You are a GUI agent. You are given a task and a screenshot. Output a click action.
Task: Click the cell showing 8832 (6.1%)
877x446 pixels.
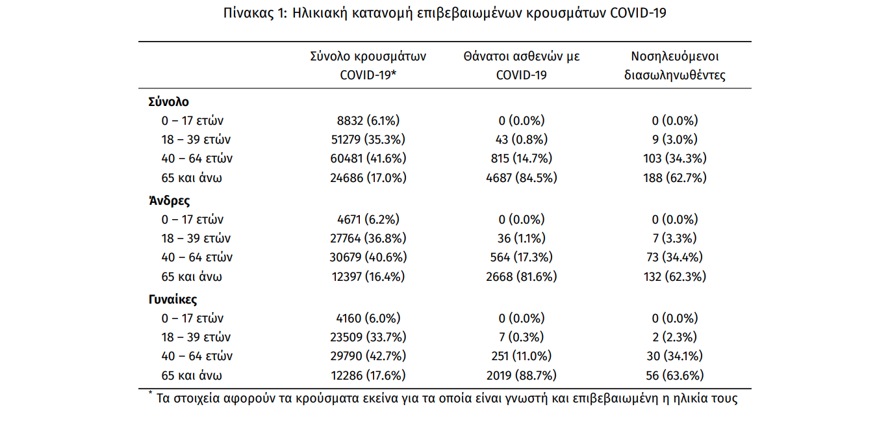368,120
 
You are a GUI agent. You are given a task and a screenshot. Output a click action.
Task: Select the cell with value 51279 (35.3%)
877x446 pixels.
368,139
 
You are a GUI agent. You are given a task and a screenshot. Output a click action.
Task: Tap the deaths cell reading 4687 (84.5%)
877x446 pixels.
521,177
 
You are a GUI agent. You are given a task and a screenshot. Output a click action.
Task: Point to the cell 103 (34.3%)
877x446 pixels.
675,158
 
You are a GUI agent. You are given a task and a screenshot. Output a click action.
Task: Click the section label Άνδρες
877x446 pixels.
169,201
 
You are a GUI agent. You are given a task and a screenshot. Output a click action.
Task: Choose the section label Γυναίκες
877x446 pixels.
173,300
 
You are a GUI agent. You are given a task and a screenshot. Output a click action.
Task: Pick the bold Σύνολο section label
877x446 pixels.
168,102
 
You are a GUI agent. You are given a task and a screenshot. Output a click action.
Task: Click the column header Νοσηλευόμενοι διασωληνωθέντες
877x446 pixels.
675,66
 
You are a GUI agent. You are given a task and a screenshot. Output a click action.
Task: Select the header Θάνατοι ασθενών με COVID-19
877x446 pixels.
521,66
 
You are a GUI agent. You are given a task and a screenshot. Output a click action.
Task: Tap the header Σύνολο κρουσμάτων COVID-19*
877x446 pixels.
368,66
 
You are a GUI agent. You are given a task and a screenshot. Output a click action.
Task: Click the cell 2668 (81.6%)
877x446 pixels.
521,276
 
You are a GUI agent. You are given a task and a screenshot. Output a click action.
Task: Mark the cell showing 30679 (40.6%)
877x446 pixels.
368,257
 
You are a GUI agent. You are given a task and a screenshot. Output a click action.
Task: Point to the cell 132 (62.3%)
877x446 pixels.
675,276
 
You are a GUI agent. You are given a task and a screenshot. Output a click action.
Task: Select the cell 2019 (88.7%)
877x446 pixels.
521,375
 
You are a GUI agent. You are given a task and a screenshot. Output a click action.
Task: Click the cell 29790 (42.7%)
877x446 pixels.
368,356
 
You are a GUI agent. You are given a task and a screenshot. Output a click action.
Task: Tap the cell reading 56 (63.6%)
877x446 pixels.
675,375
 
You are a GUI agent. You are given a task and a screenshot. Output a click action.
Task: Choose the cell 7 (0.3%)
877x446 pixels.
521,337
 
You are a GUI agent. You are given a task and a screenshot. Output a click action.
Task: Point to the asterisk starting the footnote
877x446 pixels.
150,393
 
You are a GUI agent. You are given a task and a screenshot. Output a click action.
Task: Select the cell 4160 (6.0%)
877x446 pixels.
368,319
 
